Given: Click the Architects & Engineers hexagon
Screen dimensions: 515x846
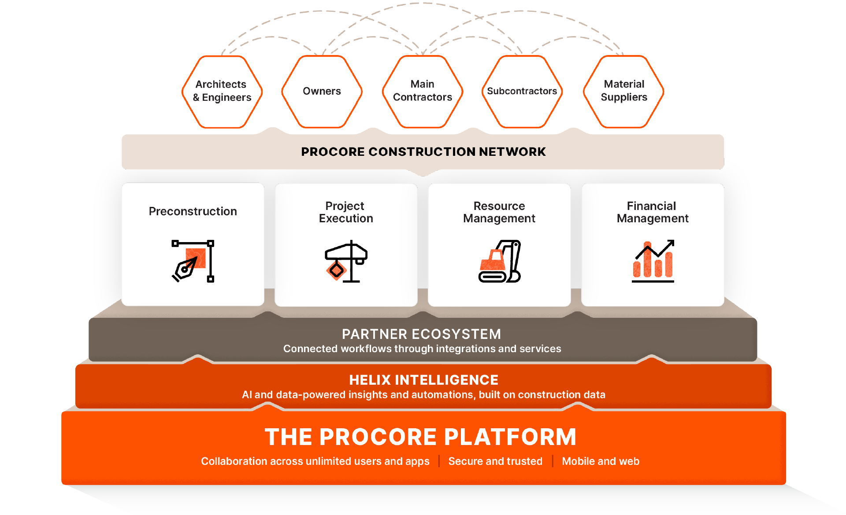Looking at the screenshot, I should [222, 92].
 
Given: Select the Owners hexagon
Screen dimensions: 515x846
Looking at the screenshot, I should [322, 92].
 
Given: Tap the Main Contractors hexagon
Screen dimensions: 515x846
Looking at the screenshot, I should [423, 92].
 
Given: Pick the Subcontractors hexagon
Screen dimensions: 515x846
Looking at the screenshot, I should [522, 92].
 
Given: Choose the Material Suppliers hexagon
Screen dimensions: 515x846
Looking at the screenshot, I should [624, 92].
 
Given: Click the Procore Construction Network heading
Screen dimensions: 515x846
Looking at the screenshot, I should [423, 152].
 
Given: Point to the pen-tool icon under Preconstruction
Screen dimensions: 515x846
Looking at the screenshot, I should [193, 261].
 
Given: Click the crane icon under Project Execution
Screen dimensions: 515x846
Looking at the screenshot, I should [346, 261].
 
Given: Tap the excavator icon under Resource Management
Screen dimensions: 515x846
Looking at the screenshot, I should [500, 261].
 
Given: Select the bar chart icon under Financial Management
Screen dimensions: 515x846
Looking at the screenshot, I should [653, 261].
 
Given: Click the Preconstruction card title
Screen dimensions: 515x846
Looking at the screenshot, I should [193, 211].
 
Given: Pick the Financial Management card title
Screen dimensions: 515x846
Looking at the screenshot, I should [653, 212].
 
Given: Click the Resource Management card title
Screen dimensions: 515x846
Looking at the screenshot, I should [499, 212].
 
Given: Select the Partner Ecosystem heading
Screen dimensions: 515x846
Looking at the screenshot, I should [422, 334].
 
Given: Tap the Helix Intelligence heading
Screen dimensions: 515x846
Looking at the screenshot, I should [423, 380].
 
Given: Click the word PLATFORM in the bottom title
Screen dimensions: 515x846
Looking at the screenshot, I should [510, 437].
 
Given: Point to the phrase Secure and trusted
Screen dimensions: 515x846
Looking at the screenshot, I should [495, 461].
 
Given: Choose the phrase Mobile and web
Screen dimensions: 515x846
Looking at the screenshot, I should [601, 461].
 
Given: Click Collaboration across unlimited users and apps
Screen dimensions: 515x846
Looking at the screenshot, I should [315, 461].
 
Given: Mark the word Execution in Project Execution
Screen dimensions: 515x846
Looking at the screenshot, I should [346, 219].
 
